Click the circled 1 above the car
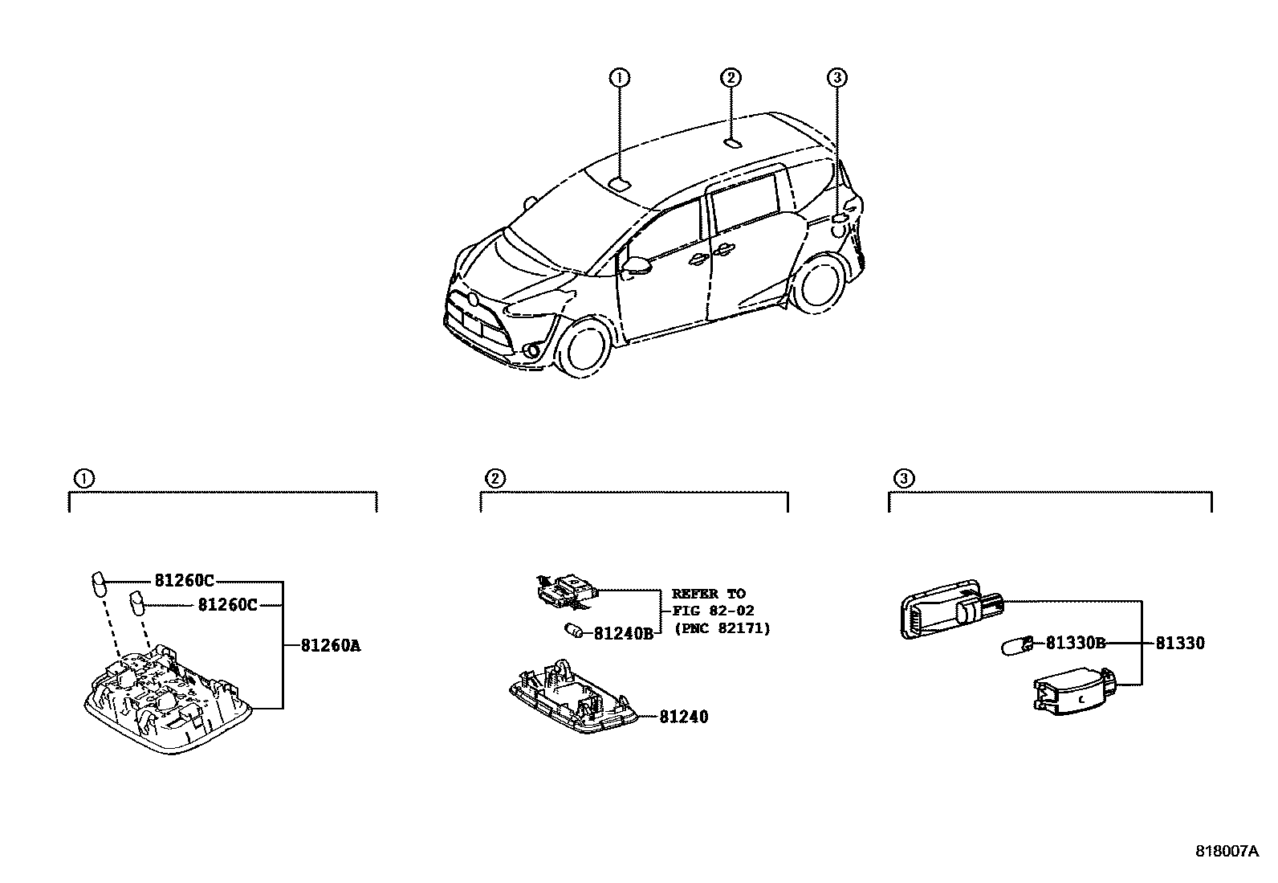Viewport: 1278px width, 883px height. pos(618,78)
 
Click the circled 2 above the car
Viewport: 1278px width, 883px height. pos(730,78)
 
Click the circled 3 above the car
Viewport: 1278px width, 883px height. pos(836,78)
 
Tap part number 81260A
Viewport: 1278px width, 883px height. pos(331,645)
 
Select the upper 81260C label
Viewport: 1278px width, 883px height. pos(184,581)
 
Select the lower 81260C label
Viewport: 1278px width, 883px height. pos(227,605)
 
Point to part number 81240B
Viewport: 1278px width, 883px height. pos(624,634)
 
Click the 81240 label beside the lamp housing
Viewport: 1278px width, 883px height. pos(684,717)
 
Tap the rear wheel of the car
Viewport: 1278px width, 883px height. pos(818,284)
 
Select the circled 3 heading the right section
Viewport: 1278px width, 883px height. pos(903,479)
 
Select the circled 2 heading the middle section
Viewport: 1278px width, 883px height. pos(495,479)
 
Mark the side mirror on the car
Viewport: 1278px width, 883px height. pos(637,266)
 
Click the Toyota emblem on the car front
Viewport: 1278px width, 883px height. pos(473,300)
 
